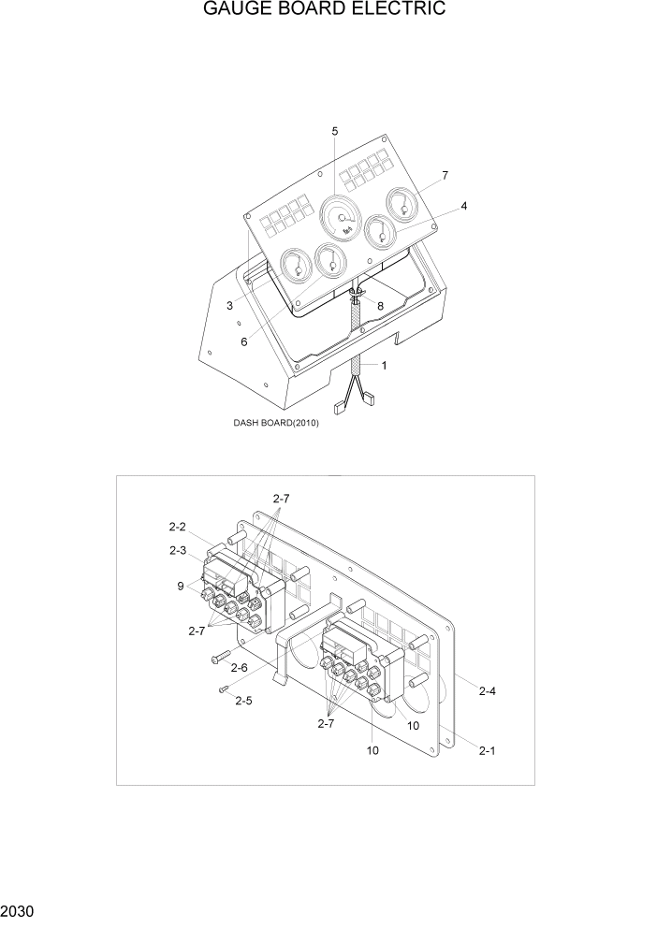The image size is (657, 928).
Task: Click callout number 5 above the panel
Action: tap(335, 131)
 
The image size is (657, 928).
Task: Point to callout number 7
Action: tap(445, 175)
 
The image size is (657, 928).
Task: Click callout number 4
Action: tap(463, 205)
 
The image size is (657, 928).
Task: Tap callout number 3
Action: tap(229, 305)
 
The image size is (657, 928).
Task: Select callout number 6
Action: tap(244, 341)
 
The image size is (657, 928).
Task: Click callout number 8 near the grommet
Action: tap(380, 305)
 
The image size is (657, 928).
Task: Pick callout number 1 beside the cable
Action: tap(383, 365)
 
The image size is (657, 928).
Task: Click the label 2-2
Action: tap(178, 527)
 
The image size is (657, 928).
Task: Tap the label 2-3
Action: tap(178, 550)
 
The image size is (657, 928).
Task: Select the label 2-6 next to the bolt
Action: tap(239, 667)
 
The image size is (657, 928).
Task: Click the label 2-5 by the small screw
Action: tap(243, 700)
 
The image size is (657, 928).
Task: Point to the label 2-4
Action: tap(488, 691)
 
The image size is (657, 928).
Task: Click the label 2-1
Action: tap(488, 750)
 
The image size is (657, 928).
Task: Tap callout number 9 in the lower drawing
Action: tap(180, 587)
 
